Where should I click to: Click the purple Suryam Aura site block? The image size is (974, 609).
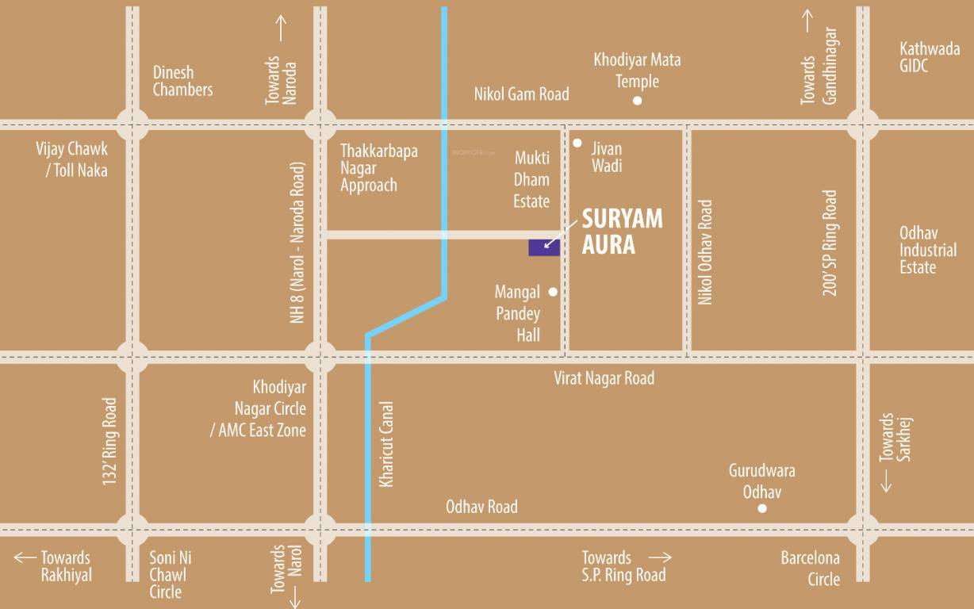pyautogui.click(x=544, y=247)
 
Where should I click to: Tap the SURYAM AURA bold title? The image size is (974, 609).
pyautogui.click(x=622, y=232)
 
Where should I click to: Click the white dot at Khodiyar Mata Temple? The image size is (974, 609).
pyautogui.click(x=637, y=101)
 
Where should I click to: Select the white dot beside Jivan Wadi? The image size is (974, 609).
pyautogui.click(x=577, y=144)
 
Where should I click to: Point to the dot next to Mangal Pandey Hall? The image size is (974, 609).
pyautogui.click(x=553, y=292)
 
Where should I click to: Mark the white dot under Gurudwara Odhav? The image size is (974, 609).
pyautogui.click(x=762, y=508)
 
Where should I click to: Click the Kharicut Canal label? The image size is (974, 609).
pyautogui.click(x=386, y=444)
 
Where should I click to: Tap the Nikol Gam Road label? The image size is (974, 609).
pyautogui.click(x=521, y=94)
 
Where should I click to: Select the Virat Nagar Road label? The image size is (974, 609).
pyautogui.click(x=604, y=378)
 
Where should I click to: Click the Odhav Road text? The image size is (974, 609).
pyautogui.click(x=481, y=507)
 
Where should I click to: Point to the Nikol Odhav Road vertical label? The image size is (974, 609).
pyautogui.click(x=705, y=252)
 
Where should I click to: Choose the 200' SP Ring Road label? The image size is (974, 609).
pyautogui.click(x=830, y=243)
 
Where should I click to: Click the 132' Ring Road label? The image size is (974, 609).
pyautogui.click(x=109, y=441)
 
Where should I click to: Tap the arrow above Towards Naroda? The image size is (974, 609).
pyautogui.click(x=281, y=28)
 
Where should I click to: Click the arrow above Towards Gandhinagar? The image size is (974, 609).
pyautogui.click(x=807, y=21)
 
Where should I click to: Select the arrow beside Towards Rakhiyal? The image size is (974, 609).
pyautogui.click(x=25, y=557)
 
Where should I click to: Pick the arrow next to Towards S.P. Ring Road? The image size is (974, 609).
pyautogui.click(x=660, y=558)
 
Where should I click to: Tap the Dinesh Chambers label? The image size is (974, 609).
pyautogui.click(x=182, y=81)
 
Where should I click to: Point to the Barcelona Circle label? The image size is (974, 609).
pyautogui.click(x=810, y=568)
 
